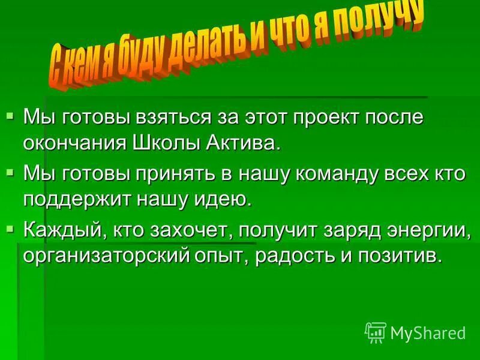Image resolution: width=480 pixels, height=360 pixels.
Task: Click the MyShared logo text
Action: pos(428,332)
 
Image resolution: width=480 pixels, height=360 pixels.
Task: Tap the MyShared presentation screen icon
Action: pos(375,332)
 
